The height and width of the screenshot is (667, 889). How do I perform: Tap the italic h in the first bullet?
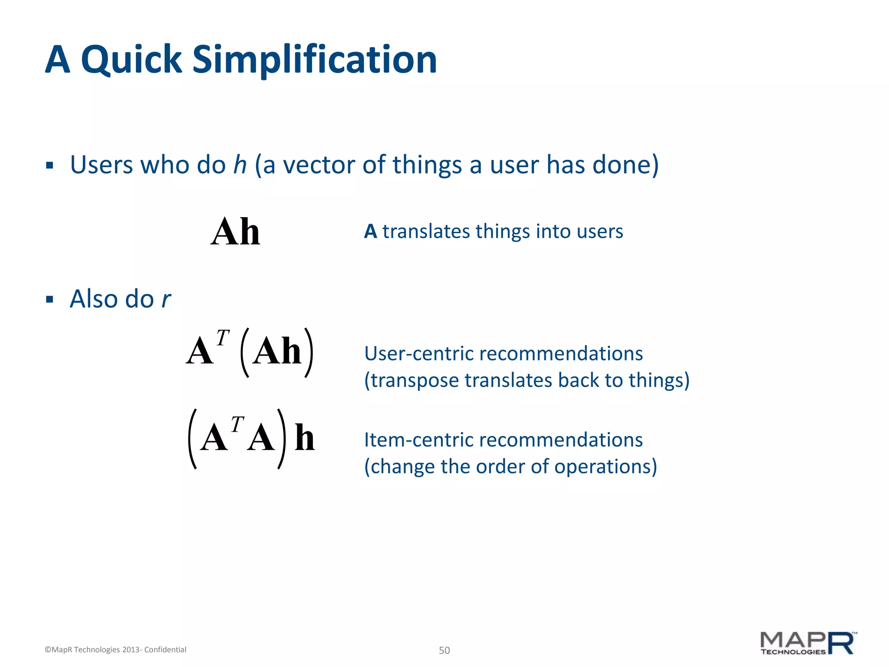pos(240,165)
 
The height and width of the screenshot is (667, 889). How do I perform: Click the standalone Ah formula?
pos(235,232)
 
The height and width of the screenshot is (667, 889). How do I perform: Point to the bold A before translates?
pos(370,231)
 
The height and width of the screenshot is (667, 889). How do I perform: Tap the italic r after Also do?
pos(166,300)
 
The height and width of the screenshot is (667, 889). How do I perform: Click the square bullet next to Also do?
pos(49,300)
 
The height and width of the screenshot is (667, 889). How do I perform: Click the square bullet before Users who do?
pos(49,165)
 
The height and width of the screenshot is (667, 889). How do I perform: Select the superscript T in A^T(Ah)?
pos(223,338)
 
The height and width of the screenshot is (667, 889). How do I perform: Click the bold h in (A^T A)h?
pos(304,438)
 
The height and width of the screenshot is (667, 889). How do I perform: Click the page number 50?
pos(444,650)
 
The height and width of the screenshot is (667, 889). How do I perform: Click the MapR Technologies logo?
pos(807,644)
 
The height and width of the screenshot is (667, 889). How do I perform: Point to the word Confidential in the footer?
pos(165,650)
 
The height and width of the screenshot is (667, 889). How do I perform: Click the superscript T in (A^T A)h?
pos(237,425)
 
